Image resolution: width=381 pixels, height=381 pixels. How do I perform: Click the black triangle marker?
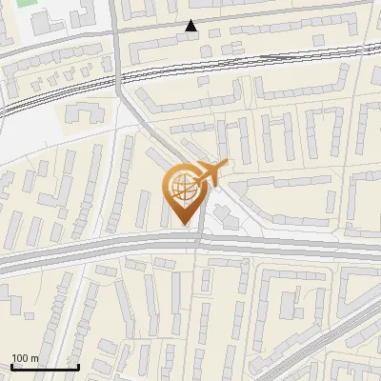[191, 26]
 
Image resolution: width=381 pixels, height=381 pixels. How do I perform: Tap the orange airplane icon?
[211, 172]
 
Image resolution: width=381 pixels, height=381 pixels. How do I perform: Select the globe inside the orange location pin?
[182, 188]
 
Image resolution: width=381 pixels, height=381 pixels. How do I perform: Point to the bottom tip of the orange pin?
[183, 224]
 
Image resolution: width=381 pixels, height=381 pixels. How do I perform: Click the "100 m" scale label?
[25, 358]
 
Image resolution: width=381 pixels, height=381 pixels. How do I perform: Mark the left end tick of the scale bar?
[11, 366]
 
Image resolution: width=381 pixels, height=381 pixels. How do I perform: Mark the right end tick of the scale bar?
[78, 366]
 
